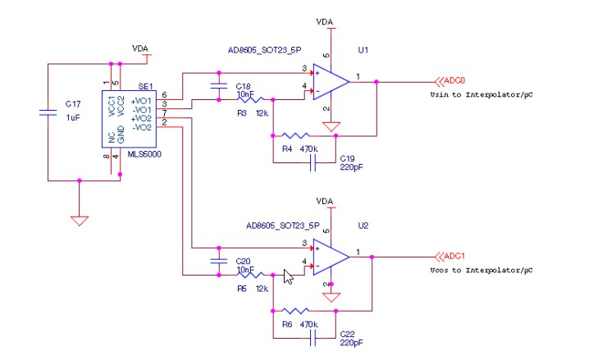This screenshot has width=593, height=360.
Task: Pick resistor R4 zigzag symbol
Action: click(293, 135)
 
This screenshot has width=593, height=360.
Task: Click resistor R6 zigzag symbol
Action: click(293, 312)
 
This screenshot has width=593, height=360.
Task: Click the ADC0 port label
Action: click(449, 81)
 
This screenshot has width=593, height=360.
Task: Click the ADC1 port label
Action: click(449, 257)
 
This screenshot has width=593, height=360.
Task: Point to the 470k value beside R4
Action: click(309, 148)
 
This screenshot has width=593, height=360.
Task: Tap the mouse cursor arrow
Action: click(288, 276)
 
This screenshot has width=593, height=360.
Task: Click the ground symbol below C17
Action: click(79, 220)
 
